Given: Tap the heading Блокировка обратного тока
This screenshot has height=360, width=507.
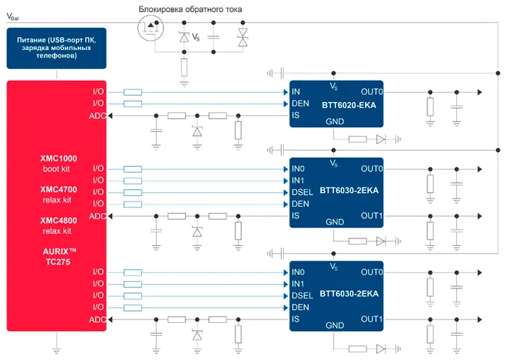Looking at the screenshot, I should click(190, 9).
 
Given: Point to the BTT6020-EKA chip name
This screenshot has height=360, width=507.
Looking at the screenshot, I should click(348, 106).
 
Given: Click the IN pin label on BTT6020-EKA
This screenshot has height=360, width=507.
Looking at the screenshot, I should click(295, 92).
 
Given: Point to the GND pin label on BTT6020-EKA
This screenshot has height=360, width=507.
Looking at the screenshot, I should click(335, 122).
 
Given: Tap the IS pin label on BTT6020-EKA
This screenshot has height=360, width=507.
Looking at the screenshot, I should click(295, 115).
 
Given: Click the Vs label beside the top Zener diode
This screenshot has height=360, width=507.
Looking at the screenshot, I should click(196, 36).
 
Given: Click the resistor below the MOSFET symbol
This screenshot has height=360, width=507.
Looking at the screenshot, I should click(184, 67).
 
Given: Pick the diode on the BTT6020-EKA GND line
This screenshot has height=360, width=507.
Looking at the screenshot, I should click(381, 140).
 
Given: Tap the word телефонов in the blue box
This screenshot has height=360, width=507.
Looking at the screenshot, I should click(57, 57).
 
